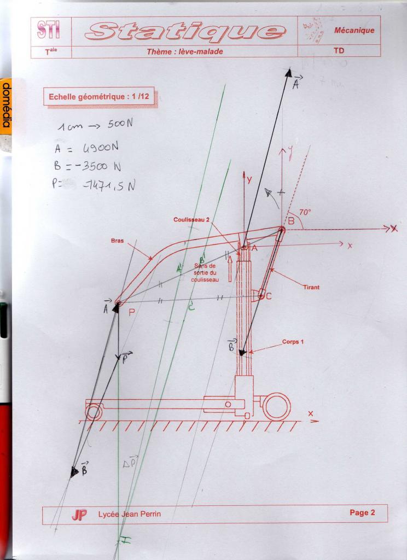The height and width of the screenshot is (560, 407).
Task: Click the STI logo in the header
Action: tap(49, 31)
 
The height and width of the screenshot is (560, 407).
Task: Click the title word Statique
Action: tap(184, 31)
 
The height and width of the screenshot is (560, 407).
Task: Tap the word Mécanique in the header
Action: tap(354, 31)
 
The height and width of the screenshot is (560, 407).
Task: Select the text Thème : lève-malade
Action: tap(185, 52)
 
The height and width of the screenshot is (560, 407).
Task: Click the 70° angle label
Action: tap(305, 212)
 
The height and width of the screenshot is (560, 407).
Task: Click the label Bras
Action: tap(118, 240)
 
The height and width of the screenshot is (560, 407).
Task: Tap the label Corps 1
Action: tap(294, 342)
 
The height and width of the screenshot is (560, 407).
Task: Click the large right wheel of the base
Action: tap(276, 406)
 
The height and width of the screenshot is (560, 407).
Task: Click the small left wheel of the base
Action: tap(94, 411)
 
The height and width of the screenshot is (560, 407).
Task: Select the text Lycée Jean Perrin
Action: tap(130, 514)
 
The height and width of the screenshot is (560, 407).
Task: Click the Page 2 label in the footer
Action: tap(362, 512)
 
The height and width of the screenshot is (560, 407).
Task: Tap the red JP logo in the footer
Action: tap(79, 515)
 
